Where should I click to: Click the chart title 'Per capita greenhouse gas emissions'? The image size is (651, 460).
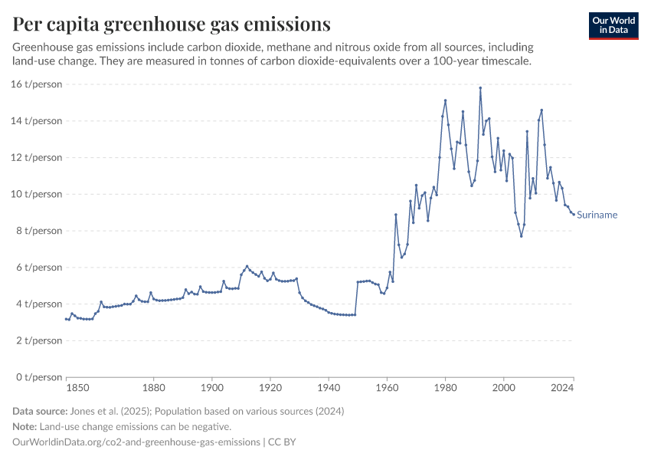pyautogui.click(x=172, y=24)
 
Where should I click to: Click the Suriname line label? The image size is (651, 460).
pyautogui.click(x=597, y=215)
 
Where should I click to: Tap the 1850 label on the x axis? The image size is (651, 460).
pyautogui.click(x=67, y=389)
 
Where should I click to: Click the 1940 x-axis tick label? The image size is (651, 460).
pyautogui.click(x=329, y=389)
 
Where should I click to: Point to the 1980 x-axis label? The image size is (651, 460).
pyautogui.click(x=445, y=389)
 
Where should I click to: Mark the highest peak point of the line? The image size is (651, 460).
pyautogui.click(x=480, y=87)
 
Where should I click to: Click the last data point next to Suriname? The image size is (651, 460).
pyautogui.click(x=573, y=215)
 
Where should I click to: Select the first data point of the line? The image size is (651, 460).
pyautogui.click(x=67, y=319)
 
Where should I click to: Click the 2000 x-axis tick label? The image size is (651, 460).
pyautogui.click(x=503, y=389)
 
